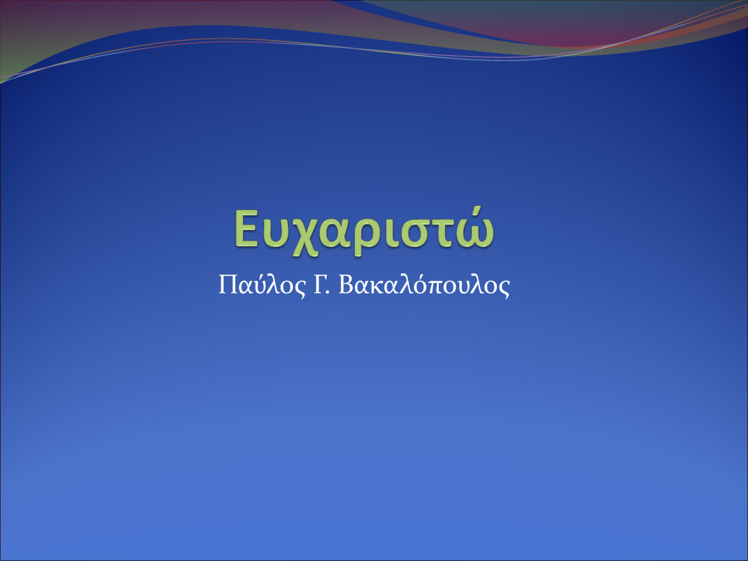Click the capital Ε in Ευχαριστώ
(x=246, y=228)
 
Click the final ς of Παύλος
(x=300, y=290)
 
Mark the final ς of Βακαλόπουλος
(x=505, y=290)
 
